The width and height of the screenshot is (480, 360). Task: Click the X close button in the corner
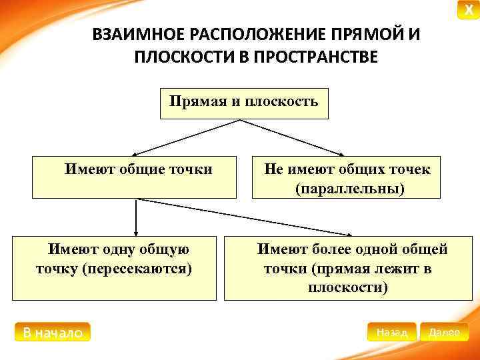point(468,10)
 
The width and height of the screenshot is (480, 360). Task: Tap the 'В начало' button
point(52,332)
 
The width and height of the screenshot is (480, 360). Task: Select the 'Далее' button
point(444,332)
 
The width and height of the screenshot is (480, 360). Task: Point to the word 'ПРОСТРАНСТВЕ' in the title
point(313,56)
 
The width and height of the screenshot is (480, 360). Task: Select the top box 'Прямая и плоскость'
point(244,102)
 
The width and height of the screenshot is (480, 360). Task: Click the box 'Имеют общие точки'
point(134,177)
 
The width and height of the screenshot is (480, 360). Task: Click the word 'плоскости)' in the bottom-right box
point(348,288)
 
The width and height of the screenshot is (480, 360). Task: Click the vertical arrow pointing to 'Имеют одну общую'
point(136,217)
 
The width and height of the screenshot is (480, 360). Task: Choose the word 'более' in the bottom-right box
point(329,249)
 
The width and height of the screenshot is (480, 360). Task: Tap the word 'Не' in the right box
point(273,169)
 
